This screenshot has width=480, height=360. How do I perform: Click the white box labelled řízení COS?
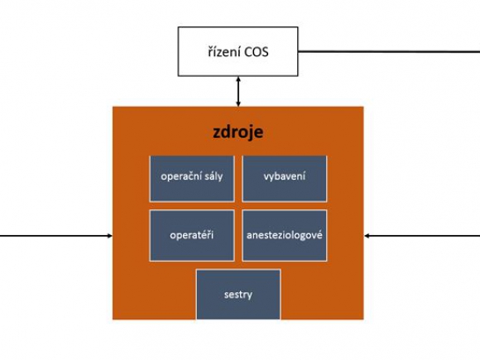click(x=238, y=51)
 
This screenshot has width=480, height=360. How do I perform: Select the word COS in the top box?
click(x=257, y=52)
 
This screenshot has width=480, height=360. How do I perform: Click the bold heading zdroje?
click(x=238, y=132)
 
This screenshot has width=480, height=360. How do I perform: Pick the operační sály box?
click(x=192, y=179)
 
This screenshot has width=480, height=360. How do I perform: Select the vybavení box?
click(x=285, y=179)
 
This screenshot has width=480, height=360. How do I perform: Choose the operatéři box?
click(x=192, y=235)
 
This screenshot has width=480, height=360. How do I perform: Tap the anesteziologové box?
click(x=285, y=235)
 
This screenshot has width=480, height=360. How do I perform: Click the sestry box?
click(x=238, y=295)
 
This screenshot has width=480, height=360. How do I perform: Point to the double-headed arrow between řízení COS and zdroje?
click(x=238, y=92)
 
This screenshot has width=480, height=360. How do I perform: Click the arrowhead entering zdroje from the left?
click(x=110, y=236)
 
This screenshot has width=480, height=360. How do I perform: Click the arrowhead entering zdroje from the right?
click(x=367, y=236)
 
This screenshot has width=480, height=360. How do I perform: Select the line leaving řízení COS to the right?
click(x=389, y=51)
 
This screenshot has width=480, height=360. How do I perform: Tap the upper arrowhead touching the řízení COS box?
click(x=238, y=79)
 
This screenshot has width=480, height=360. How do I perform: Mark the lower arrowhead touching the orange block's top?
click(x=238, y=104)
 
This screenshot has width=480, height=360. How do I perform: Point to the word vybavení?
click(x=285, y=176)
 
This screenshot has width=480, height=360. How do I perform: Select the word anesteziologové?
click(x=285, y=235)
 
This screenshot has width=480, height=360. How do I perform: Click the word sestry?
click(x=238, y=295)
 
